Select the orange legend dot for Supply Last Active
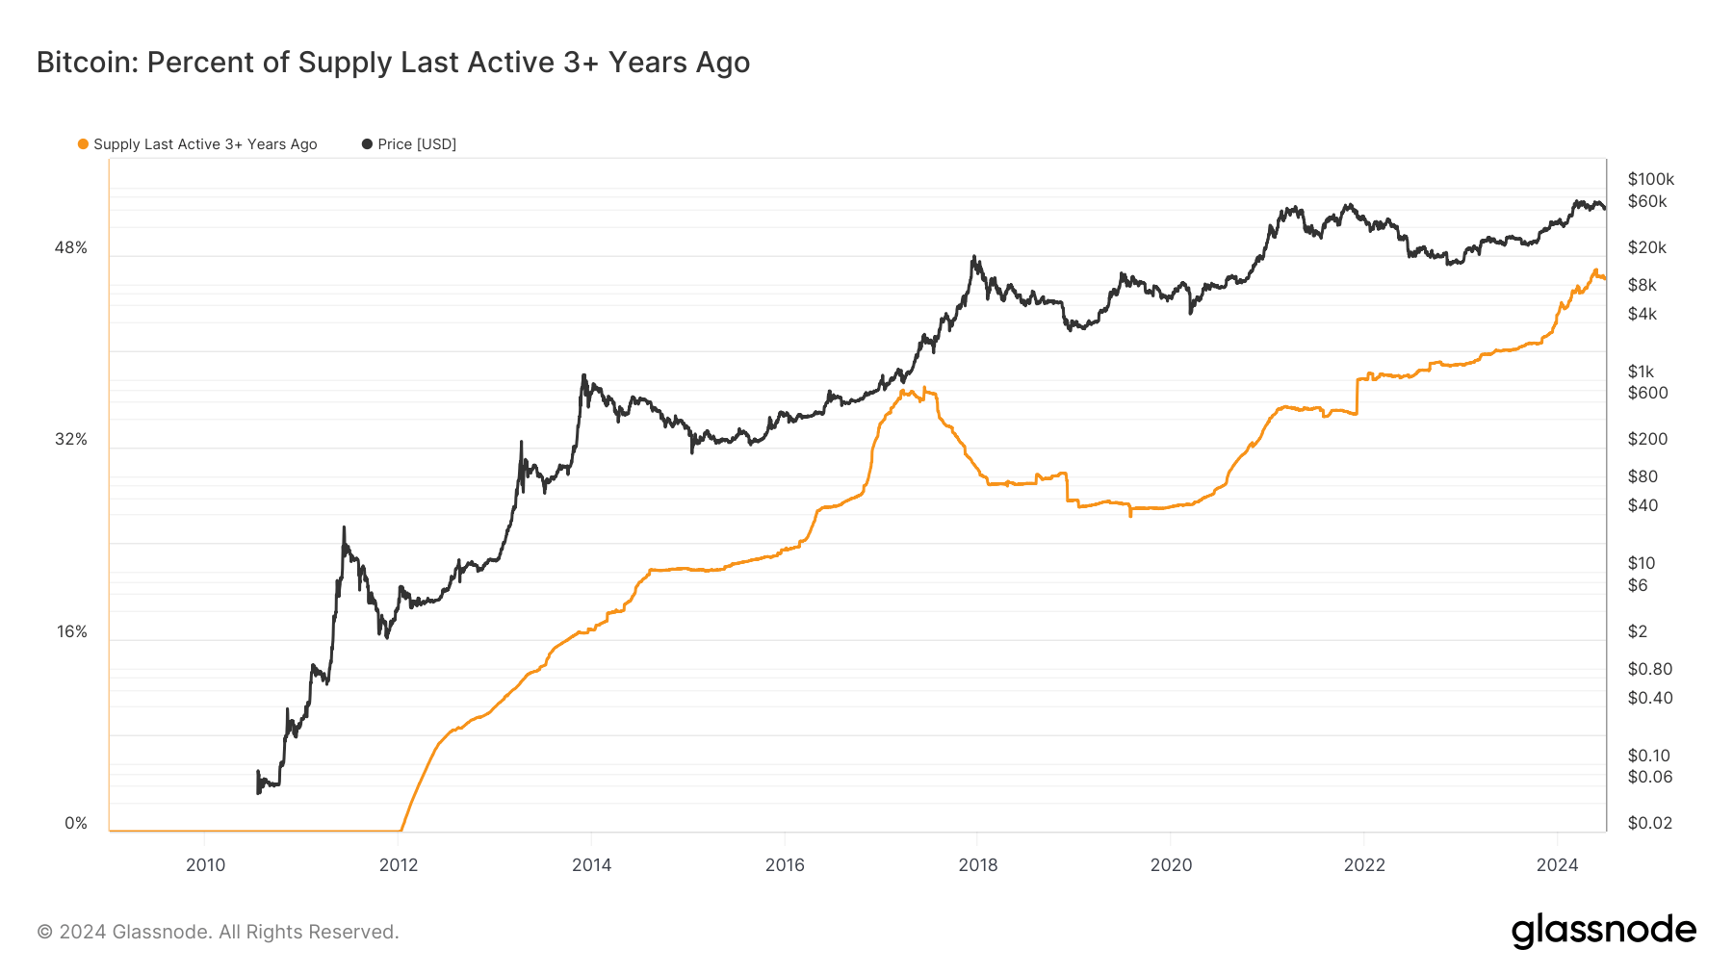click(83, 144)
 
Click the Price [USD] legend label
click(416, 144)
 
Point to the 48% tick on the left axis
click(70, 248)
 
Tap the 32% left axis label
click(70, 440)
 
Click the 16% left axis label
click(71, 632)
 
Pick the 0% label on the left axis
click(75, 824)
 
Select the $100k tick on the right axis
click(1650, 179)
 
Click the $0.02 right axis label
click(1649, 823)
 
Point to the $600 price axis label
click(1647, 393)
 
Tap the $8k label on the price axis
click(1642, 285)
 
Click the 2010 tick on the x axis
click(205, 865)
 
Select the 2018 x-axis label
click(978, 865)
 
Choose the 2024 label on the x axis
click(1557, 865)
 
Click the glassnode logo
click(1603, 931)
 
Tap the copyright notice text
click(218, 932)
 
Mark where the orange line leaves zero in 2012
click(401, 830)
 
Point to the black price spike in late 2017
click(974, 257)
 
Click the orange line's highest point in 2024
click(1594, 270)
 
